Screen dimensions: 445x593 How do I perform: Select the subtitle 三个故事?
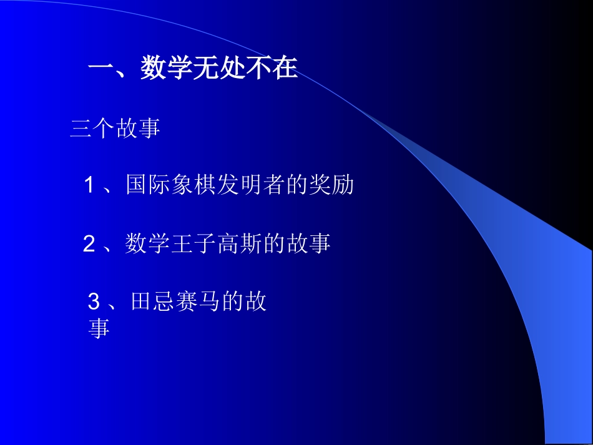click(115, 129)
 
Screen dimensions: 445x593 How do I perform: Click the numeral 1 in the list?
click(90, 185)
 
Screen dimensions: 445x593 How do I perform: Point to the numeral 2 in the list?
click(89, 244)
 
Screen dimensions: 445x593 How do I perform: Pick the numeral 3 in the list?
click(94, 303)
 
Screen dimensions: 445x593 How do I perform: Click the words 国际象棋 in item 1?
click(171, 185)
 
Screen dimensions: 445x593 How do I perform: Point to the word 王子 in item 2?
click(194, 244)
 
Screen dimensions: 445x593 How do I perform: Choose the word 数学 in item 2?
click(147, 244)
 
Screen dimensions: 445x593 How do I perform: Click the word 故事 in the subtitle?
click(138, 129)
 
